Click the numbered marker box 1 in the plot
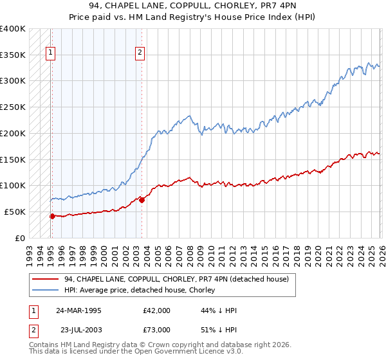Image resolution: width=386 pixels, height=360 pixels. coord(51,54)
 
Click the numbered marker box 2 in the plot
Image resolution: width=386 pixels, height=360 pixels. coord(140,54)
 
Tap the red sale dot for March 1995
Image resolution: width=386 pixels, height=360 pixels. coord(52,216)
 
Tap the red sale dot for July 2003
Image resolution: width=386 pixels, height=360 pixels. coord(142,200)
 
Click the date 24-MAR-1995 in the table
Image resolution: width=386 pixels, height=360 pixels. coord(78,310)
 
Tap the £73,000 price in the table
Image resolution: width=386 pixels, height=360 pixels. coord(157,330)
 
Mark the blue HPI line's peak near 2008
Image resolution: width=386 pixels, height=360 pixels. coord(189,116)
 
